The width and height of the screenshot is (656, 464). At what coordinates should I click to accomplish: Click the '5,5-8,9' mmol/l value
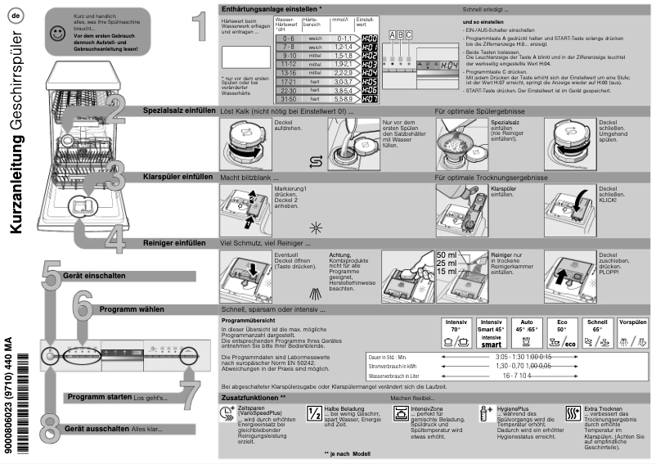[343, 99]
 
